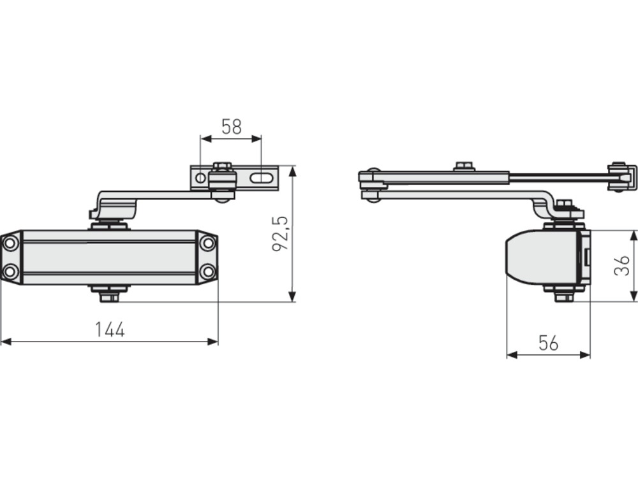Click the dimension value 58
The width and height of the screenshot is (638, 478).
232,127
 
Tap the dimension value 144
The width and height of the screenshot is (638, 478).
110,330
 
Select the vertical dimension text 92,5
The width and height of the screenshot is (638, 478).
280,234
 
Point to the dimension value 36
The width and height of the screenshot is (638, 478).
621,266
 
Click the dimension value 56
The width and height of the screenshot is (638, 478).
549,343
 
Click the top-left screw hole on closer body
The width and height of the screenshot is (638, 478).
10,243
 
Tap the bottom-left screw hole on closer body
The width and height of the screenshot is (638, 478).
10,271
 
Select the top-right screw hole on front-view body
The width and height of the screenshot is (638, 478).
208,243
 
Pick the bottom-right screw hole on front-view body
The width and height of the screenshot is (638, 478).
208,271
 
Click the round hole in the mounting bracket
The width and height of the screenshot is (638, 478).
200,178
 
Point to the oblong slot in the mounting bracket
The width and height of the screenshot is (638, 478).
261,178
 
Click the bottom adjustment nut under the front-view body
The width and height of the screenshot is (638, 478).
110,298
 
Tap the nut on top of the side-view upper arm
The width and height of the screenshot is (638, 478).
465,166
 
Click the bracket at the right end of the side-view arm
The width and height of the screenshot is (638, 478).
622,177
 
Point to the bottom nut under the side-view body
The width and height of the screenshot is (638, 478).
565,297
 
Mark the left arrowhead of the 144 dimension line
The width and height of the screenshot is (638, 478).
6,342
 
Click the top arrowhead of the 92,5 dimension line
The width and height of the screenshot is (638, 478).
292,171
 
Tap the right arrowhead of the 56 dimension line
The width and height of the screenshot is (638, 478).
584,355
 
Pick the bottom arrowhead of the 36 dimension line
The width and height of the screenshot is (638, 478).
634,296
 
